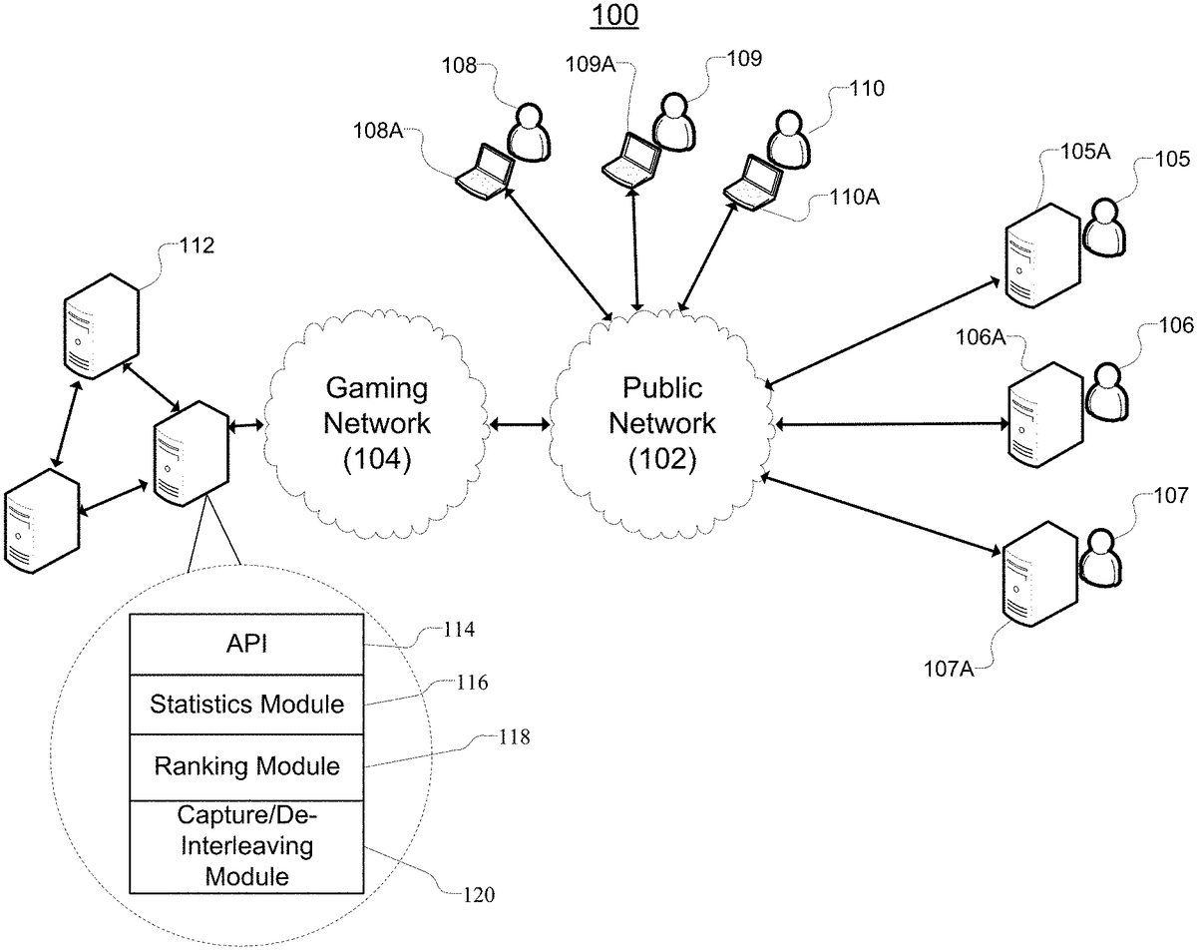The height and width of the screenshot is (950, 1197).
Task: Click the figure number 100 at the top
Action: click(614, 16)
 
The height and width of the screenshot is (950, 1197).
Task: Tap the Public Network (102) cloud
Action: click(662, 423)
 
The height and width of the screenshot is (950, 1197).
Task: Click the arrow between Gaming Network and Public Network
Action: click(521, 426)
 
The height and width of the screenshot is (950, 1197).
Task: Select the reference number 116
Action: click(468, 684)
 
